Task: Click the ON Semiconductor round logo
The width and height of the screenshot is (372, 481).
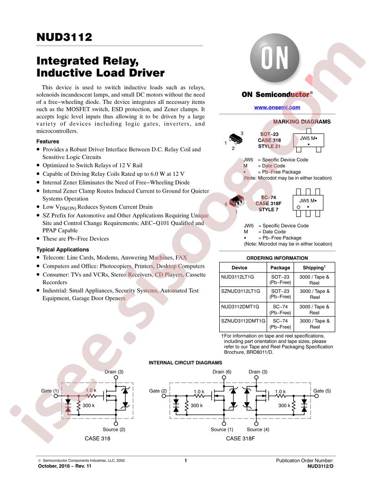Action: (274, 58)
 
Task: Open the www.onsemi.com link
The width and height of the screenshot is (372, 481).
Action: (277, 107)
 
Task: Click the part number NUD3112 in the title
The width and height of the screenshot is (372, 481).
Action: (64, 37)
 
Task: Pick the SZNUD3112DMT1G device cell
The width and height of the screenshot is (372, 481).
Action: (243, 321)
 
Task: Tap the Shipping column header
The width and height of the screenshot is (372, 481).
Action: (314, 267)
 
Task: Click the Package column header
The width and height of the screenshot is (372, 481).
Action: (280, 267)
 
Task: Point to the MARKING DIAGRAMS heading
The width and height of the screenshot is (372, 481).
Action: (302, 122)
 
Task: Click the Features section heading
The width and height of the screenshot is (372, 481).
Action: (47, 141)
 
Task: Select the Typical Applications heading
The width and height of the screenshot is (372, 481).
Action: (62, 250)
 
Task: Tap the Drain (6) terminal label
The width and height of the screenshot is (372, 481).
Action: (222, 372)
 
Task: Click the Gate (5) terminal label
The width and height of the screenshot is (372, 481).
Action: (322, 391)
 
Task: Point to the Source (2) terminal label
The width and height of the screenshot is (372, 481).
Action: (114, 430)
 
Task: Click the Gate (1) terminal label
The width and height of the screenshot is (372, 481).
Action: (50, 391)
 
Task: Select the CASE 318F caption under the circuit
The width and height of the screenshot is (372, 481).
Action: (240, 439)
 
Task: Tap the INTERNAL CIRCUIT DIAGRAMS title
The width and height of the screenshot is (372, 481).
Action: (186, 363)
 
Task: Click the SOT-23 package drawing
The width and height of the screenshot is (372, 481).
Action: (236, 138)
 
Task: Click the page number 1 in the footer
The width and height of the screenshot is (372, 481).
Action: (186, 461)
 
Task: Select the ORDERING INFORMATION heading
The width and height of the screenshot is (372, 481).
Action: (277, 258)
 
